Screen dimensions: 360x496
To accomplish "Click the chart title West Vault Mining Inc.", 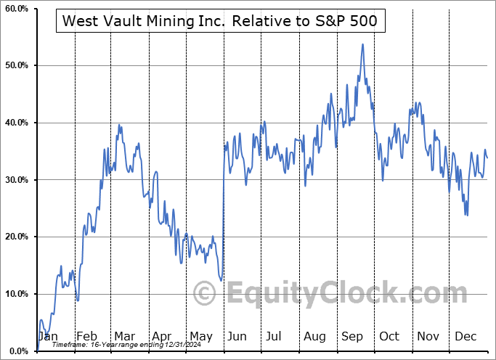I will (219, 21).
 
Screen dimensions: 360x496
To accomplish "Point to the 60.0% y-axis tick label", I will (15, 9).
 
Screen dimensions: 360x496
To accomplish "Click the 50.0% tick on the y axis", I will (15, 66).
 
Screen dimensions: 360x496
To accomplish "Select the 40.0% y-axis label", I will (15, 123).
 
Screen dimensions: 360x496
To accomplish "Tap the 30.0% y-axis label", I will (15, 180).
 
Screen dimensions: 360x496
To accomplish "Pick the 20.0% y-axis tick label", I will (15, 237).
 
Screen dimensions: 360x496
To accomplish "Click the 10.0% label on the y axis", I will (15, 294).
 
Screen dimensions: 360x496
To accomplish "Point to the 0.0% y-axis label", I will (17, 351).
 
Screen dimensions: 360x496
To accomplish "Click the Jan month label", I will (47, 337).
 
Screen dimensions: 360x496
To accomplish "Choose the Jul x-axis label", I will (274, 337).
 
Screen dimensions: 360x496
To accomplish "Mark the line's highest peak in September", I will (362, 44).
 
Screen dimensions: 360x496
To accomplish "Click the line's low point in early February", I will (77, 300).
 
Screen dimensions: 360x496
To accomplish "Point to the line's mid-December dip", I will (466, 215).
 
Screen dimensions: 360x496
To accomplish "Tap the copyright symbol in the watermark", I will (206, 294).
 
